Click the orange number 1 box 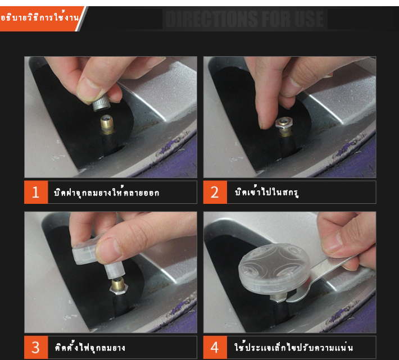click(36, 192)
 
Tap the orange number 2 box click(215, 192)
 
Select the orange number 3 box click(36, 347)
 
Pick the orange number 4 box click(215, 347)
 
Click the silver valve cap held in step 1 click(101, 104)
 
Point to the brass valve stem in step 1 click(107, 125)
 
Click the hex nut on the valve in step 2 click(284, 123)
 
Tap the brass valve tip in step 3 click(118, 285)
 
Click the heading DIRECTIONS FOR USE click(244, 19)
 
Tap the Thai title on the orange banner click(39, 17)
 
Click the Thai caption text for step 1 click(106, 193)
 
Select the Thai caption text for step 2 click(266, 192)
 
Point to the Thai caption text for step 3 click(90, 347)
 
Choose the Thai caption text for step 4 click(293, 347)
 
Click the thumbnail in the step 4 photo click(332, 241)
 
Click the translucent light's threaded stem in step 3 click(115, 270)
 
